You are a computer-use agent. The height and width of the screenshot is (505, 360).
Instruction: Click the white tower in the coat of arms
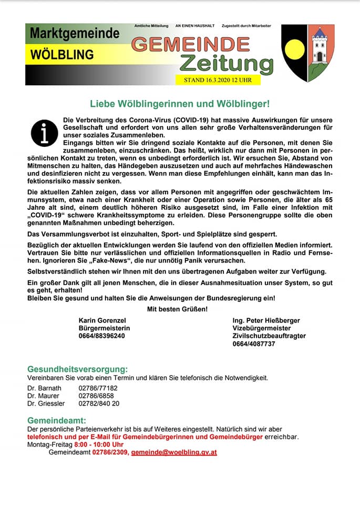[x=320, y=46]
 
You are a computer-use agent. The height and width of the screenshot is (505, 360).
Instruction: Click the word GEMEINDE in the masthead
[x=190, y=44]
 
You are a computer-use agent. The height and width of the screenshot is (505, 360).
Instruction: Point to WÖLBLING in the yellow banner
[x=62, y=54]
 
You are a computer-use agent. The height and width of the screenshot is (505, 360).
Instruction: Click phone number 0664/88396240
[x=101, y=336]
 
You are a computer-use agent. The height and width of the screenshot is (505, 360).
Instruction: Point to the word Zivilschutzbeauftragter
[x=269, y=336]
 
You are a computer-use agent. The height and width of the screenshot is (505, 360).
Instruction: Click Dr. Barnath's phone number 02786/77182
[x=98, y=388]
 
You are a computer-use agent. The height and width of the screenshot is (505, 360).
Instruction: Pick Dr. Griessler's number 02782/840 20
[x=99, y=403]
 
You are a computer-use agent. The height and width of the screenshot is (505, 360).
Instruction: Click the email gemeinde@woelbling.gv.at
[x=174, y=452]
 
